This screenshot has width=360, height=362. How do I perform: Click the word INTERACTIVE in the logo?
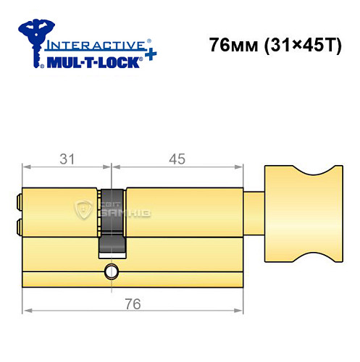[88, 43]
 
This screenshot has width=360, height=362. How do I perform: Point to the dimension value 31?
[67, 159]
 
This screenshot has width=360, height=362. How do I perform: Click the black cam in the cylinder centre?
[112, 222]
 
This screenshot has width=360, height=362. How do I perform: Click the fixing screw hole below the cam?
[111, 272]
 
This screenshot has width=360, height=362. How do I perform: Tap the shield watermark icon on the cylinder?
[85, 211]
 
